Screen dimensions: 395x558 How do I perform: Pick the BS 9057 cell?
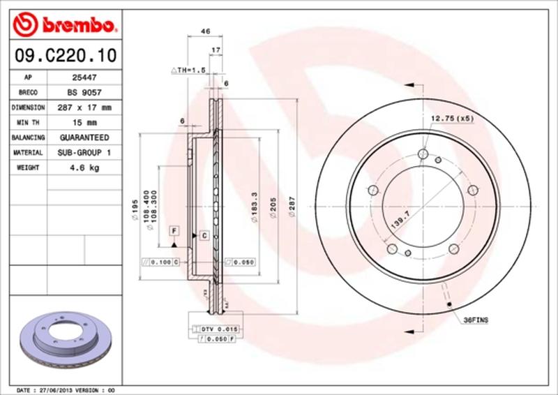[81, 92]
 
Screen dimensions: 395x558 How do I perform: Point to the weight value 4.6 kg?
[80, 168]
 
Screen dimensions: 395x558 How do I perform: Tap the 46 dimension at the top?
[205, 31]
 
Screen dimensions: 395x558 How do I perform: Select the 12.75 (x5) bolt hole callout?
[451, 119]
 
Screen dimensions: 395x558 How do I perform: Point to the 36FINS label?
[476, 319]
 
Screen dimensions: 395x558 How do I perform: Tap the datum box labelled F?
[174, 230]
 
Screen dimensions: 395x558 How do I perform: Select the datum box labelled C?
[204, 235]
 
